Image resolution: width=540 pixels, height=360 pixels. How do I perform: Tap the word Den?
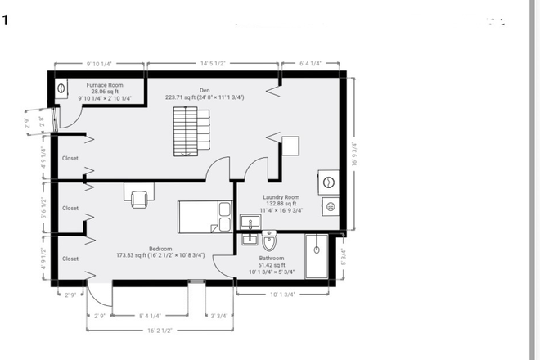click(x=205, y=90)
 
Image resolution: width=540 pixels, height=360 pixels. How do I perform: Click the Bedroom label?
click(x=160, y=249)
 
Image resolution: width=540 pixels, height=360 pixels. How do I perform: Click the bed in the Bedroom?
click(x=205, y=217)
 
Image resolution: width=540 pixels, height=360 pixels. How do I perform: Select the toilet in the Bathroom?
click(x=270, y=243)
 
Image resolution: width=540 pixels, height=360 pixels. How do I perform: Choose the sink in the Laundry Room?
click(x=248, y=222)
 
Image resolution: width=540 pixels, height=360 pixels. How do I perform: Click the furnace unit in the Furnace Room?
click(x=62, y=88)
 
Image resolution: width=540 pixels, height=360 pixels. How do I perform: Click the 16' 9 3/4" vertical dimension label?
click(x=354, y=155)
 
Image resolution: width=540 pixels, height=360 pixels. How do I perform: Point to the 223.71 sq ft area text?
click(x=205, y=97)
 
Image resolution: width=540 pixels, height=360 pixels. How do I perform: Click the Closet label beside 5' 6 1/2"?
click(x=70, y=208)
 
